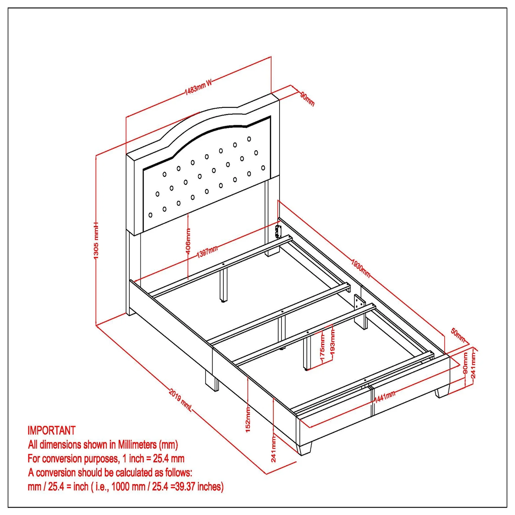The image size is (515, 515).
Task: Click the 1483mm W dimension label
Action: (198, 87)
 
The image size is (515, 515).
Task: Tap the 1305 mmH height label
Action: (96, 240)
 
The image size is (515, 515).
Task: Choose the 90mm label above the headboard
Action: (307, 99)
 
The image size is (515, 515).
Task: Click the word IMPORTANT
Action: (51, 431)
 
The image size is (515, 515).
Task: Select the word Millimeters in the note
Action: (137, 445)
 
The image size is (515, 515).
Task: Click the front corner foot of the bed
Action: (305, 448)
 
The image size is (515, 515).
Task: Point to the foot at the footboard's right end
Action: (442, 392)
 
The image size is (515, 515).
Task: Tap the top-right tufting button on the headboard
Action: (249, 139)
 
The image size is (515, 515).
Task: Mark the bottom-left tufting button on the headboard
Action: (150, 215)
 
